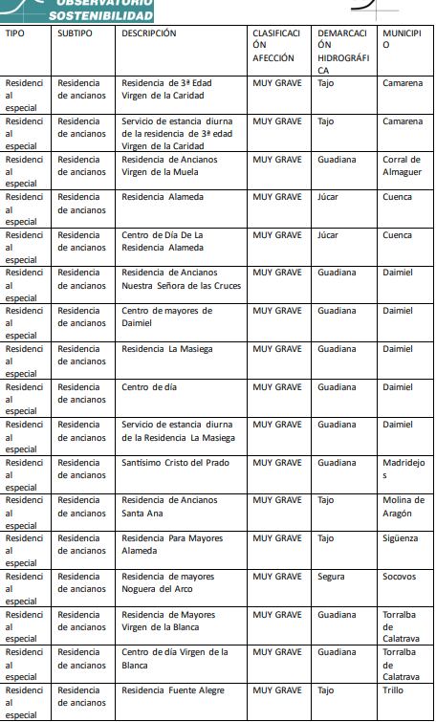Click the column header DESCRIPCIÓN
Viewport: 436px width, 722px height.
coord(149,33)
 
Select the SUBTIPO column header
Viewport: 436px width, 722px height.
coord(75,33)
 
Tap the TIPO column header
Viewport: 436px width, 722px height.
coord(14,33)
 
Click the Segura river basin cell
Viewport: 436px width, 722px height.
coord(331,577)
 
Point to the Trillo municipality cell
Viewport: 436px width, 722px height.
coord(394,689)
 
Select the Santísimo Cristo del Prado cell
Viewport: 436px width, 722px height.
coord(175,463)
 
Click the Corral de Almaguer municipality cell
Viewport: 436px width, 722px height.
coord(403,165)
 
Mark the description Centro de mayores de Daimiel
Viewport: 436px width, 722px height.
coord(166,317)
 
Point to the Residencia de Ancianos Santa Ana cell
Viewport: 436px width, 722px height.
coord(169,507)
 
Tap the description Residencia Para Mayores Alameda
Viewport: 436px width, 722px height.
coord(172,544)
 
